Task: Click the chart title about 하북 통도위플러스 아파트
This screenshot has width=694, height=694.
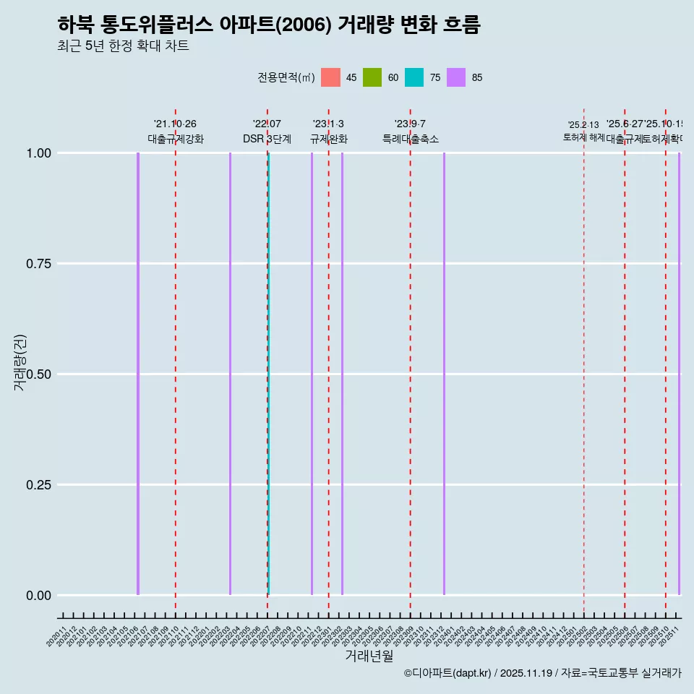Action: coord(268,25)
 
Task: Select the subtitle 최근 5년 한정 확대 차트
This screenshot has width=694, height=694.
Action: coord(123,46)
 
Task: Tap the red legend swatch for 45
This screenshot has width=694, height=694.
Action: coord(330,77)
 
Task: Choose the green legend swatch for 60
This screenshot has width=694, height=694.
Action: coord(372,77)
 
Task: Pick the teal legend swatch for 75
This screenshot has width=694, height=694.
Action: coord(414,77)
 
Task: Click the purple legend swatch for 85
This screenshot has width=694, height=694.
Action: coord(456,77)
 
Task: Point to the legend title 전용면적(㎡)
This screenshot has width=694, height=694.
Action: coord(286,77)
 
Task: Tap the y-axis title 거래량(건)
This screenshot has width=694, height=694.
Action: coord(20,362)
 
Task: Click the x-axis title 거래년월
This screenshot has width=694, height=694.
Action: coord(369,656)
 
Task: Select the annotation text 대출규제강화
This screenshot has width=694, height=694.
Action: coord(176,139)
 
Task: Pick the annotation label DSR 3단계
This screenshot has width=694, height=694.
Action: coord(267,139)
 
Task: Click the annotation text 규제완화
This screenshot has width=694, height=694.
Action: coord(329,139)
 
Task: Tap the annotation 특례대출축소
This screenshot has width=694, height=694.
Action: coord(411,139)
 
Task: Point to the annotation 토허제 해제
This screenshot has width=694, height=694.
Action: coord(583,137)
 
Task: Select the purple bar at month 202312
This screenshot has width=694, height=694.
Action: coord(444,374)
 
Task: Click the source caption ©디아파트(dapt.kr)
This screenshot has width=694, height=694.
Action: coord(448,673)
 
